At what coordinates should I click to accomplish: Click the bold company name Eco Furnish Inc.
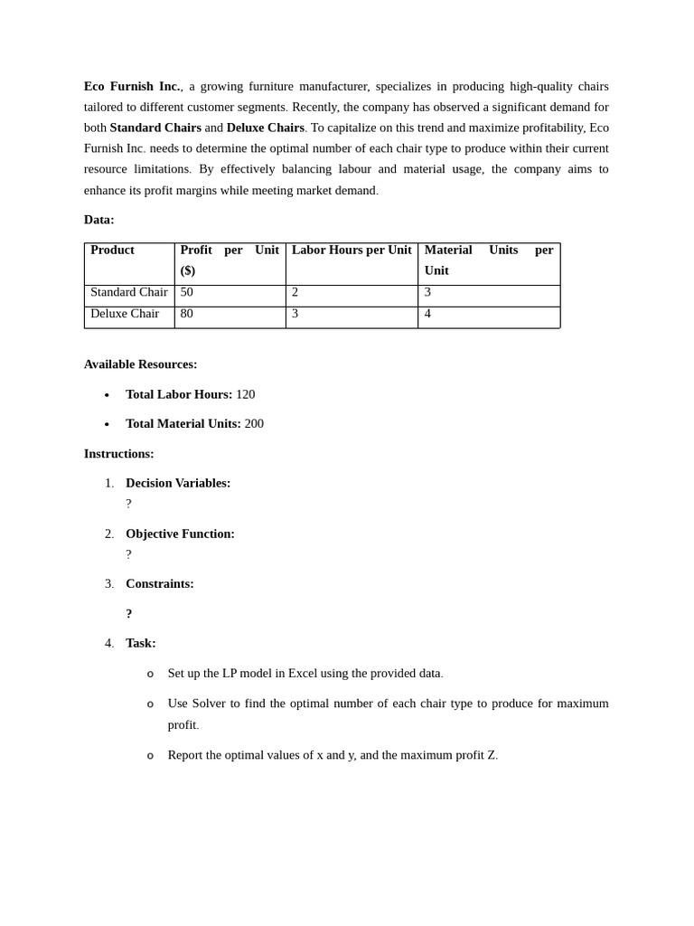click(x=132, y=86)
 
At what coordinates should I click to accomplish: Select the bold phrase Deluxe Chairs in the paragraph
click(x=265, y=128)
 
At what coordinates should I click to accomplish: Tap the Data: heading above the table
click(x=99, y=220)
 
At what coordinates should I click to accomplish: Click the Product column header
click(x=112, y=250)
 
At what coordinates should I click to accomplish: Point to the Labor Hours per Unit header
click(x=351, y=250)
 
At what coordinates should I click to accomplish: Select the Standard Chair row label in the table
click(x=128, y=292)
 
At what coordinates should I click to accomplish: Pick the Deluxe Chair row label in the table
click(x=125, y=314)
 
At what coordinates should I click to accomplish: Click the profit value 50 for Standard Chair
click(x=187, y=292)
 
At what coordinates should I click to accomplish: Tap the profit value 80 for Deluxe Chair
click(x=187, y=314)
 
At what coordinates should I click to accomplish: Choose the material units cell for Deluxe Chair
click(x=428, y=314)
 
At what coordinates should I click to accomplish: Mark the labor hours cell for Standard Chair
click(x=295, y=292)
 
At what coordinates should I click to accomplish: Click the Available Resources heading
click(x=140, y=364)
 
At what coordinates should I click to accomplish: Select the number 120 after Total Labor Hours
click(x=245, y=394)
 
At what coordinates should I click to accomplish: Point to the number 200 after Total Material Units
click(x=254, y=423)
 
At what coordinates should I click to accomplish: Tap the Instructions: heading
click(x=118, y=454)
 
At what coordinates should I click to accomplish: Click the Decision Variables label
click(x=178, y=483)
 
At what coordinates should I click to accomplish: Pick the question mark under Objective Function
click(x=128, y=554)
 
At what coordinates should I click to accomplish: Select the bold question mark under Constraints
click(x=129, y=614)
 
